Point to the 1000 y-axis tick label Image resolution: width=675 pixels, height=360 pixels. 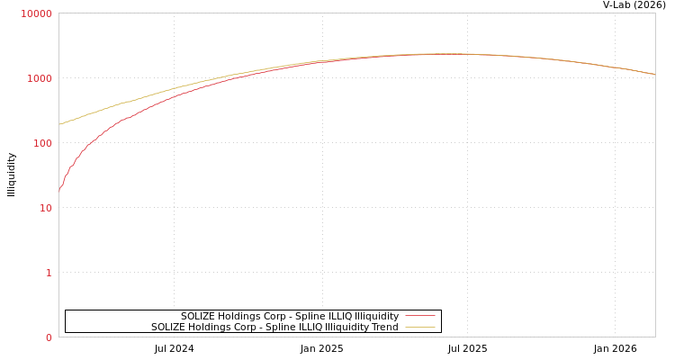click(39, 78)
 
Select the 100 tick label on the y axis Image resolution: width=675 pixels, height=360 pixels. click(41, 143)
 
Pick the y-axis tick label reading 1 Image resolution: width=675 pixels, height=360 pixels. click(49, 273)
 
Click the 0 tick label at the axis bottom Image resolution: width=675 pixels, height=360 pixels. click(49, 337)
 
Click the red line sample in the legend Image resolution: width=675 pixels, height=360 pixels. click(419, 317)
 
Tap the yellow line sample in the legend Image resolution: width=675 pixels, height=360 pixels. click(419, 328)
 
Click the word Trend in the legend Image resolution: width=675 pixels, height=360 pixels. click(383, 328)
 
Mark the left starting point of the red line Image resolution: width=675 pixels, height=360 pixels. click(59, 190)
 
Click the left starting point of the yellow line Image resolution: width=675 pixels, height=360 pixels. click(59, 124)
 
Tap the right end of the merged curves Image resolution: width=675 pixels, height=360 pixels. click(654, 75)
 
